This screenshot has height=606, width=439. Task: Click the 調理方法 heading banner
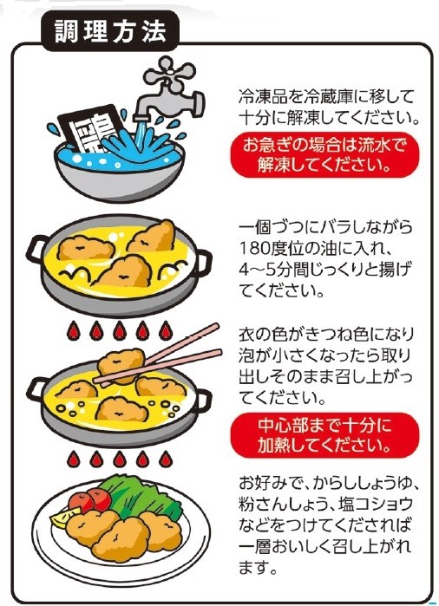pos(110,31)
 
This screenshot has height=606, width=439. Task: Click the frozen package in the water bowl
pos(88,128)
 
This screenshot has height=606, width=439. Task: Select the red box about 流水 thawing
pos(324,155)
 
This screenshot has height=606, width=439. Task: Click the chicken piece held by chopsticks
pos(121,365)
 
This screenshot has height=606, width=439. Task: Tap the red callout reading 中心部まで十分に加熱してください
pos(324,435)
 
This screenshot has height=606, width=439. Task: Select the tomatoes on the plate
pos(89,500)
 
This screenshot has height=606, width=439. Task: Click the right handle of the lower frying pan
pos(203,402)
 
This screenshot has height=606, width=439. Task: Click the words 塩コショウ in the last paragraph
pos(375,504)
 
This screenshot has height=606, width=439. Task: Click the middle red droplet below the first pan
pos(120,330)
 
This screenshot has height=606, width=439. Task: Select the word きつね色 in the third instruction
pos(336,334)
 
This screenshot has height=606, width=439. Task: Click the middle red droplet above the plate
pos(120,459)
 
